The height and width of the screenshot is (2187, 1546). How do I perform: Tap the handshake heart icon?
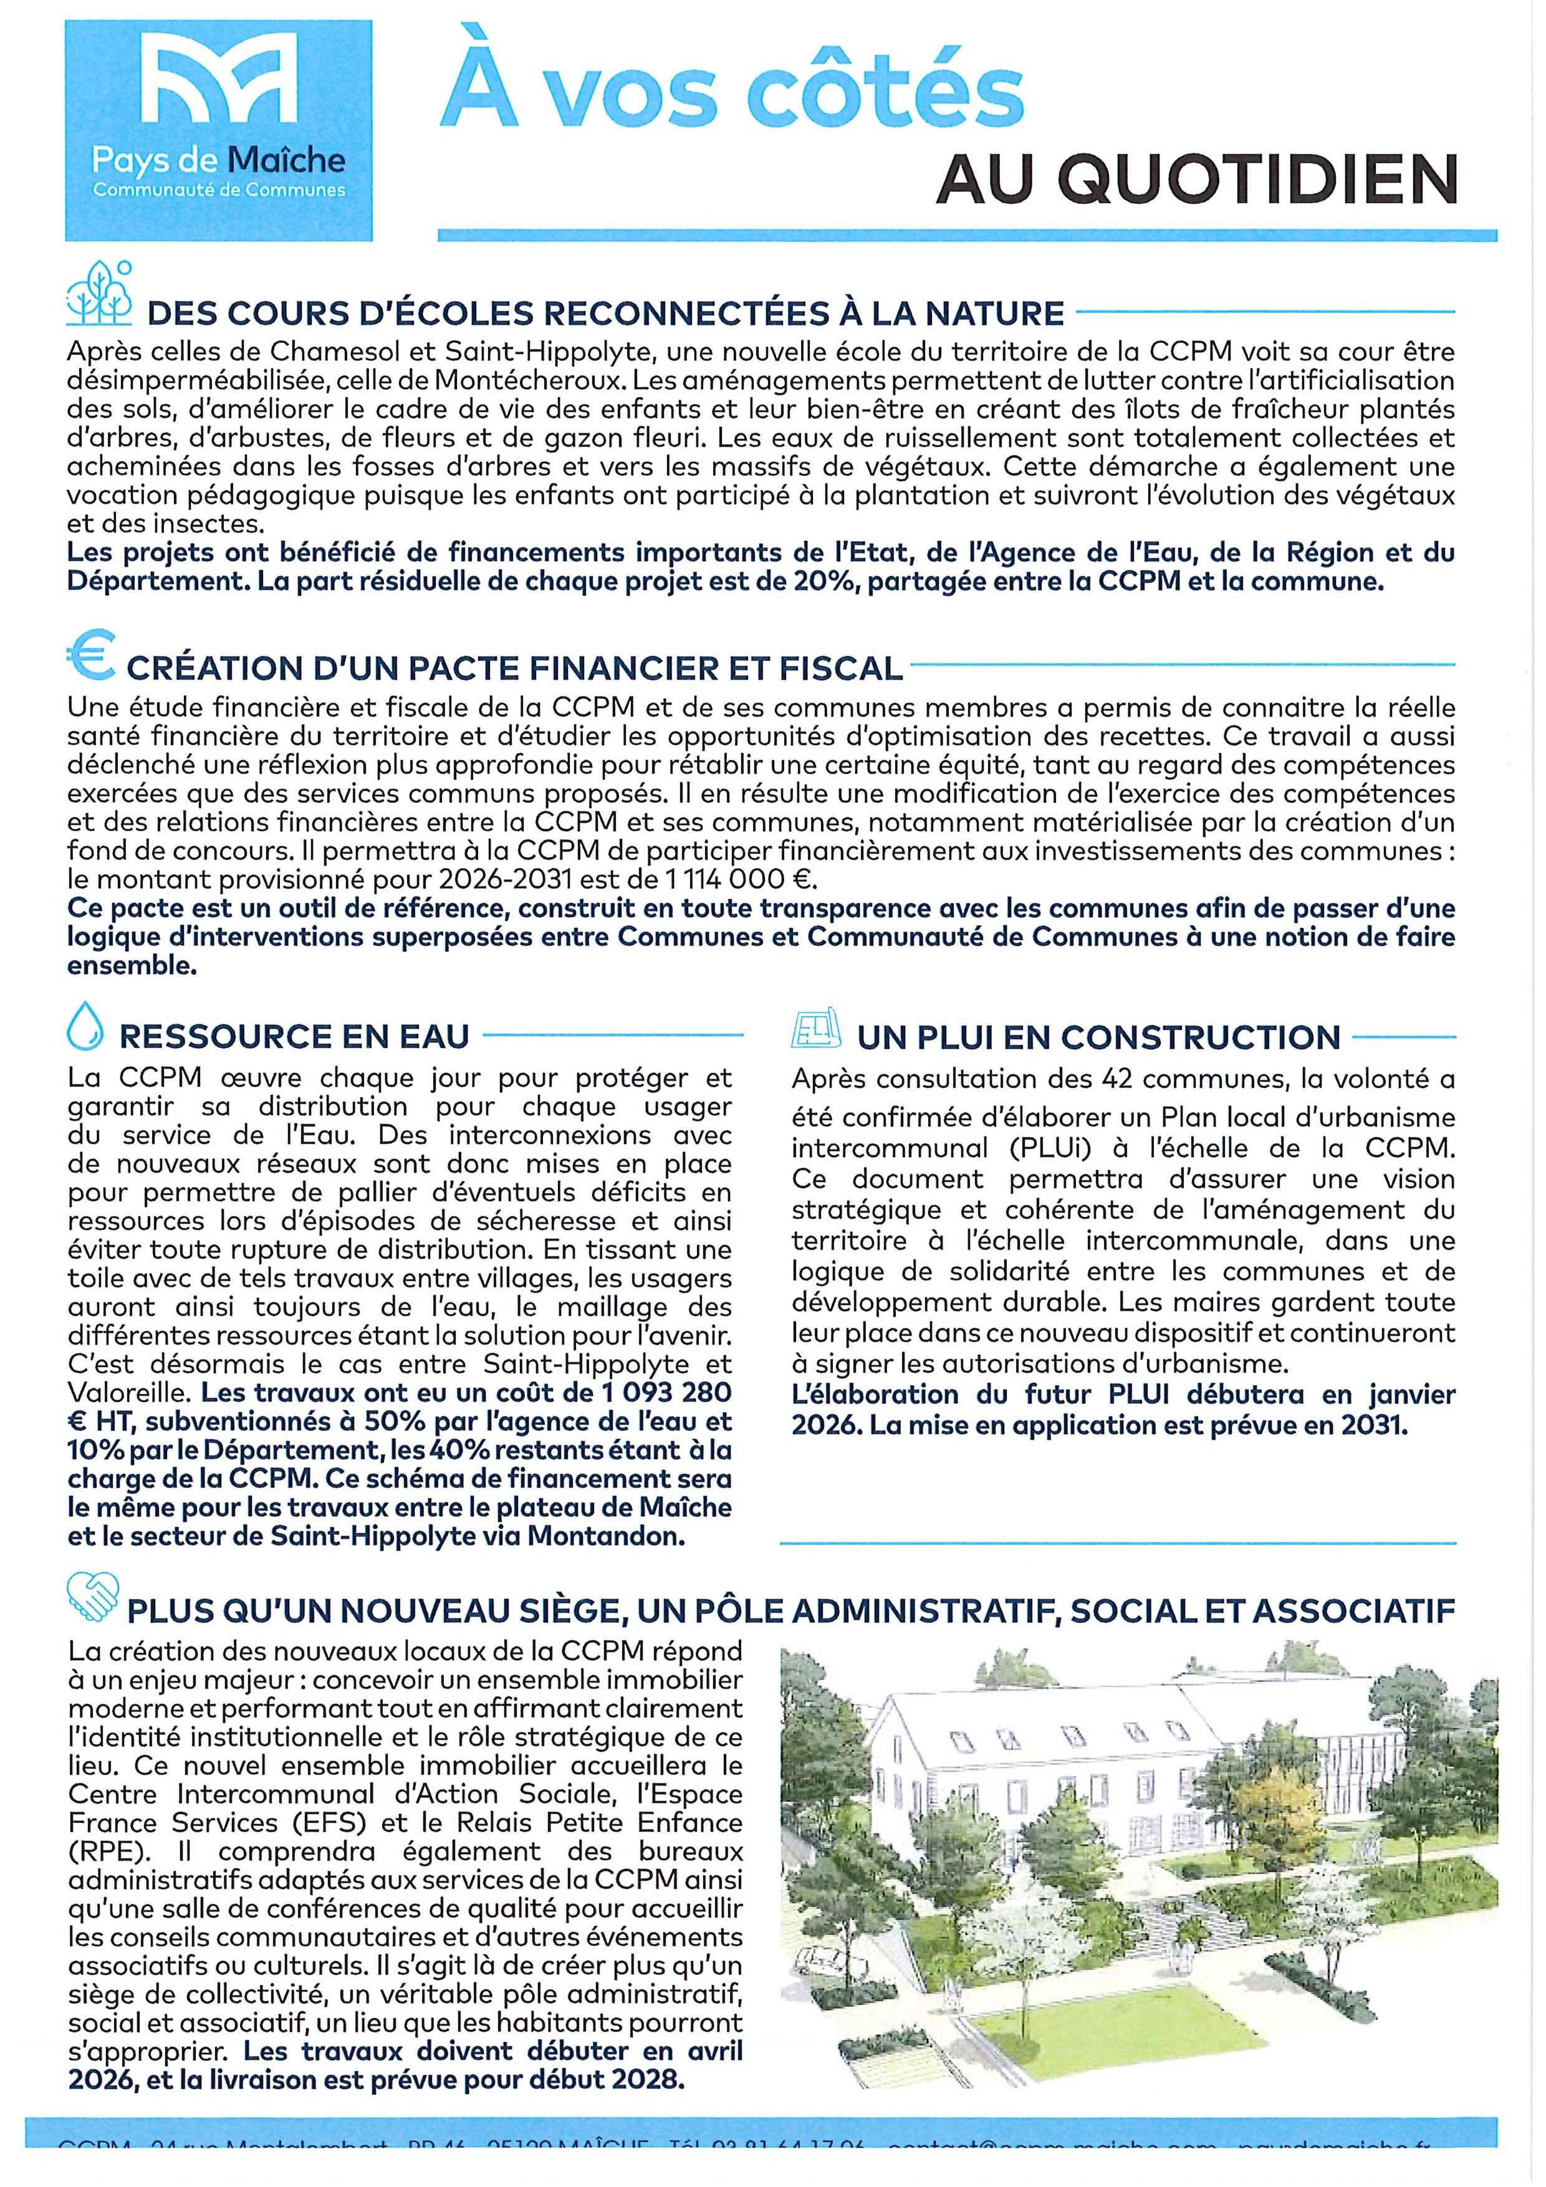click(92, 1595)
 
